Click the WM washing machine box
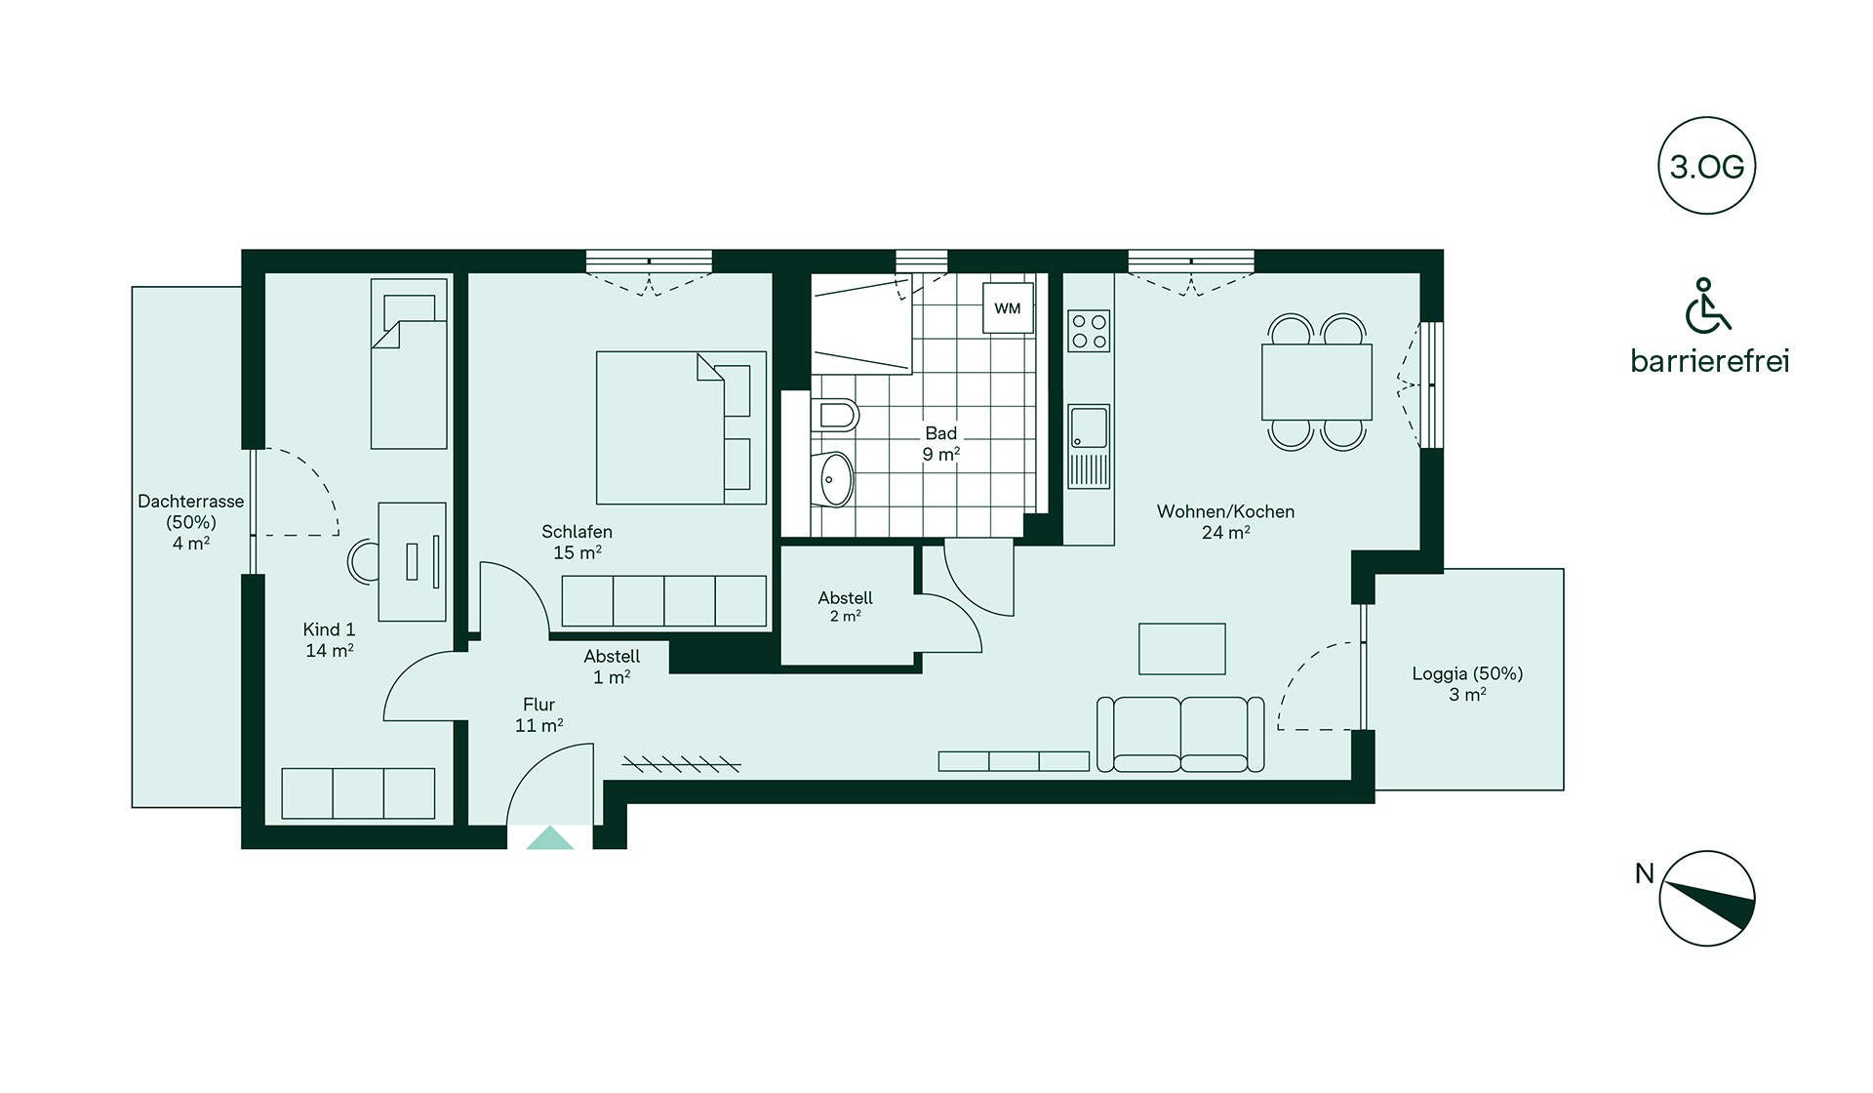tap(1008, 308)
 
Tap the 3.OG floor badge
tap(1706, 166)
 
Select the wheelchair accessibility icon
tap(1707, 305)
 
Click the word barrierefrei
tap(1709, 361)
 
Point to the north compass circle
tap(1707, 898)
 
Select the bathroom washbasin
tap(834, 479)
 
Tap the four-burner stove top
tap(1089, 330)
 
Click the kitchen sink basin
tap(1089, 427)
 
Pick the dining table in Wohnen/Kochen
tap(1317, 382)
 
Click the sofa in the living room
tap(1180, 734)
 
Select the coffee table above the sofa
tap(1182, 649)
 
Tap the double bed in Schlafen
tap(681, 427)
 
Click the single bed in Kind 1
tap(409, 363)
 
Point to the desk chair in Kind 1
tap(363, 561)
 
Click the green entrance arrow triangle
tap(550, 838)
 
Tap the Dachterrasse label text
tap(191, 502)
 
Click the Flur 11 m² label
tap(539, 714)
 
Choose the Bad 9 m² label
tap(941, 443)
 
